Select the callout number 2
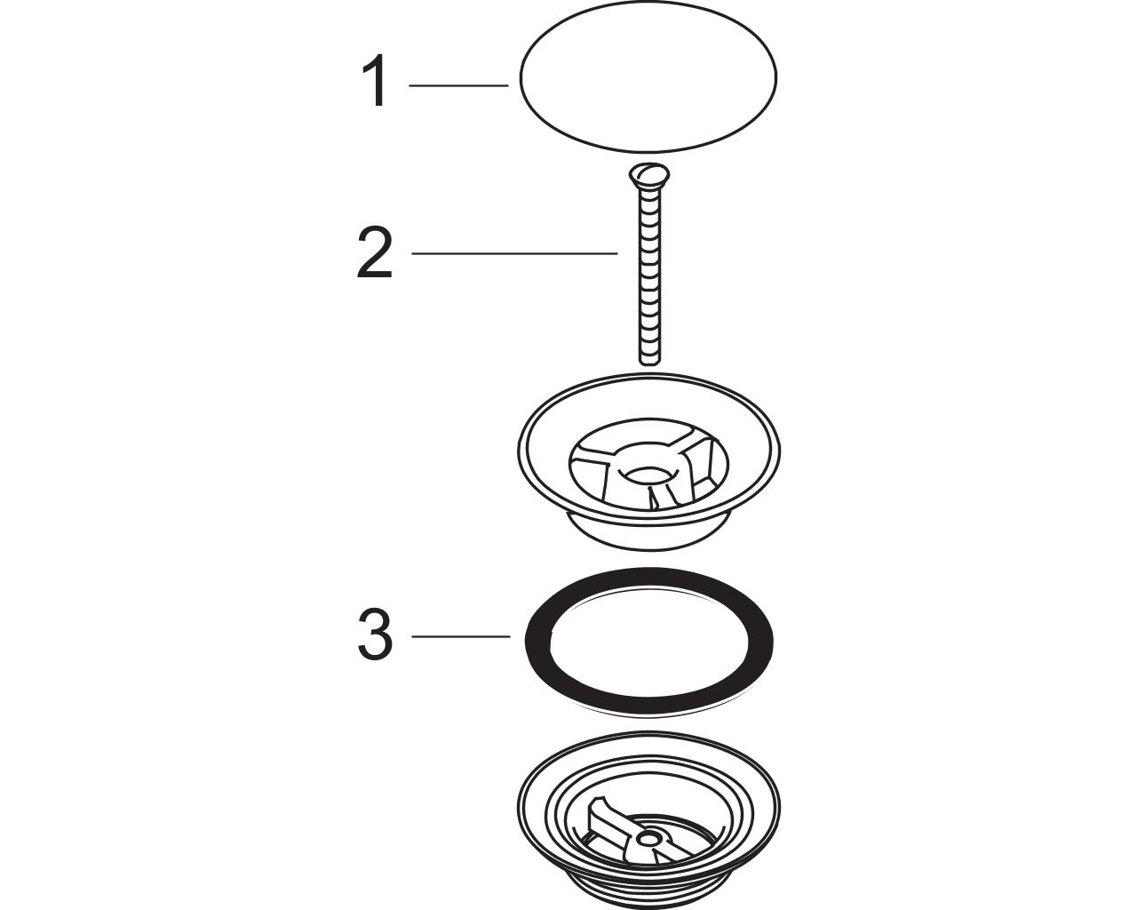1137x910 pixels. coord(375,253)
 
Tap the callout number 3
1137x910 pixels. coord(375,634)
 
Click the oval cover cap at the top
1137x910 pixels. coord(648,77)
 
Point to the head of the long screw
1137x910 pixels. coord(648,173)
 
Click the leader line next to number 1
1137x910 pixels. coord(458,85)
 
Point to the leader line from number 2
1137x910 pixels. coord(514,254)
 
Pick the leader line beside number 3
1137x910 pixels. coord(461,636)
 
